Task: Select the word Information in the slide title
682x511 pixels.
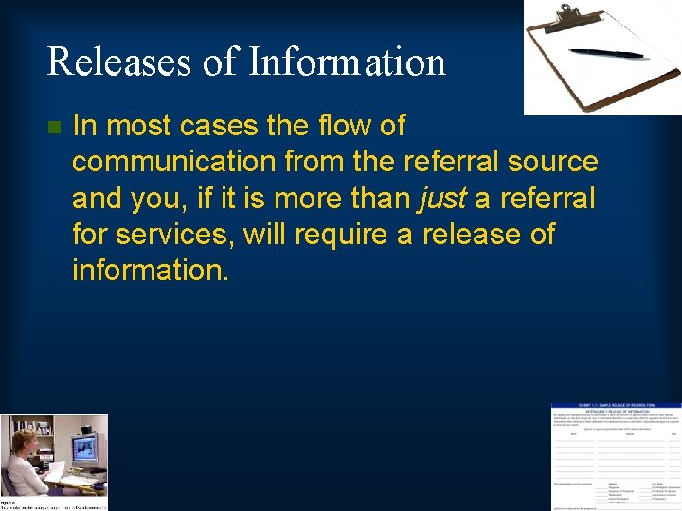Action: [347, 62]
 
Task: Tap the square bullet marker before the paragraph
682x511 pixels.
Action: [53, 127]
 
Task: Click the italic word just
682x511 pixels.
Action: [440, 198]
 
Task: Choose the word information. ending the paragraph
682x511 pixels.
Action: [150, 270]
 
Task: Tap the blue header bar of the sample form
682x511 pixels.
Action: [616, 408]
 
